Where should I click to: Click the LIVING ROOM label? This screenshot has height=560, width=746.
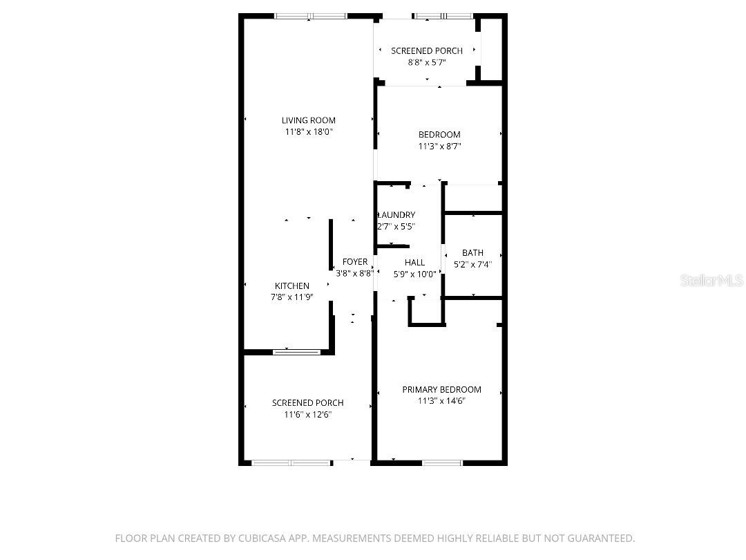308,120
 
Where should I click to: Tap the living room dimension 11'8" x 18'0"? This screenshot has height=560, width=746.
308,132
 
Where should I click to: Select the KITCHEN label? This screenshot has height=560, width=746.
292,286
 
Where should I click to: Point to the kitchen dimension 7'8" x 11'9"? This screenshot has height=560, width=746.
292,297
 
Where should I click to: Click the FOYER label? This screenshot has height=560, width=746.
355,262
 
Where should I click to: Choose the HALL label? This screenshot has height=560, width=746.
415,263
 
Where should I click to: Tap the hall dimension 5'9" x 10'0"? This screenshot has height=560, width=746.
415,274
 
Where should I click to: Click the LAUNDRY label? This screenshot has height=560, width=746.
396,215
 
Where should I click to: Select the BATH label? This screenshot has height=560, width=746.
472,253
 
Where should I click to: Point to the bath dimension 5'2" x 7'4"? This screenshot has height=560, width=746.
472,264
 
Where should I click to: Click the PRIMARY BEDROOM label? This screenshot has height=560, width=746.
441,389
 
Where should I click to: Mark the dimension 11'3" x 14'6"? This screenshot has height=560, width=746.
441,401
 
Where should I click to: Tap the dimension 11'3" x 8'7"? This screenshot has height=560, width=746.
439,146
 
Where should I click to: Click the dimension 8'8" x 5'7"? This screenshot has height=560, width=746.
427,62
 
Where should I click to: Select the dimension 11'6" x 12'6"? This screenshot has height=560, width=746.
308,414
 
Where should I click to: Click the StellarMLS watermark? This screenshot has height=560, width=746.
711,280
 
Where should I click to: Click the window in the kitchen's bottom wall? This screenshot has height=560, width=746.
296,352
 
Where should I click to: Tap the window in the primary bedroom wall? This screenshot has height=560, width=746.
442,463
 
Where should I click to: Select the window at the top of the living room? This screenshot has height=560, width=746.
311,16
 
